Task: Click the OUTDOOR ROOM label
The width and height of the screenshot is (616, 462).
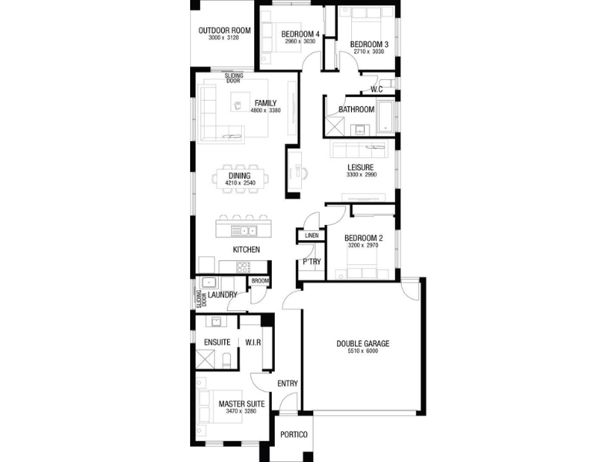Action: [224, 31]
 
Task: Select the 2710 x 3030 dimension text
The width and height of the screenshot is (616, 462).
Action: [369, 52]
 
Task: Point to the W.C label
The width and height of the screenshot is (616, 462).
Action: [377, 89]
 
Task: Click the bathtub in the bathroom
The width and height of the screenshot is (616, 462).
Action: [386, 117]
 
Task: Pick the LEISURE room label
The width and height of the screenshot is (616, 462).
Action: [360, 168]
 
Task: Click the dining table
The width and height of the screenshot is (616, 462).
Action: [240, 179]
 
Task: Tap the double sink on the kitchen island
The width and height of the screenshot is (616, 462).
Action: [243, 231]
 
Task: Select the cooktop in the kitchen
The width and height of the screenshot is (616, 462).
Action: [243, 267]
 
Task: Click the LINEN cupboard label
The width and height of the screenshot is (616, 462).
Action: [312, 236]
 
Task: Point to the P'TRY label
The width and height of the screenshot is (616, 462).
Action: [312, 262]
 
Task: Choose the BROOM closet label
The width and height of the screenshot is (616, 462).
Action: [259, 281]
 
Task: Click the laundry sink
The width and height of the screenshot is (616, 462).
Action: [208, 283]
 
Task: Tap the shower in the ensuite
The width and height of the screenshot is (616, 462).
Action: [205, 360]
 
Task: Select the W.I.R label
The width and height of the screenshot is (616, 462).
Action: [253, 343]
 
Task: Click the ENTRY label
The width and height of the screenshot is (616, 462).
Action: [287, 383]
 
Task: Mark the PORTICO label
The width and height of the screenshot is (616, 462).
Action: [294, 434]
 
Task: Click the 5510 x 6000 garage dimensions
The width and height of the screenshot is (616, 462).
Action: [363, 351]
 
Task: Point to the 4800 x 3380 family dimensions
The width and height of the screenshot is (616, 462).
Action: [266, 110]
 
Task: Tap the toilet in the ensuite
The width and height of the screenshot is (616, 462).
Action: [226, 360]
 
